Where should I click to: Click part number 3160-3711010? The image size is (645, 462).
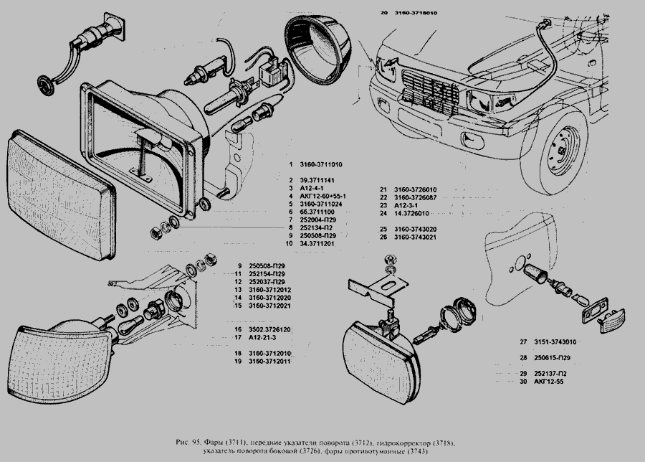click(x=321, y=166)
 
